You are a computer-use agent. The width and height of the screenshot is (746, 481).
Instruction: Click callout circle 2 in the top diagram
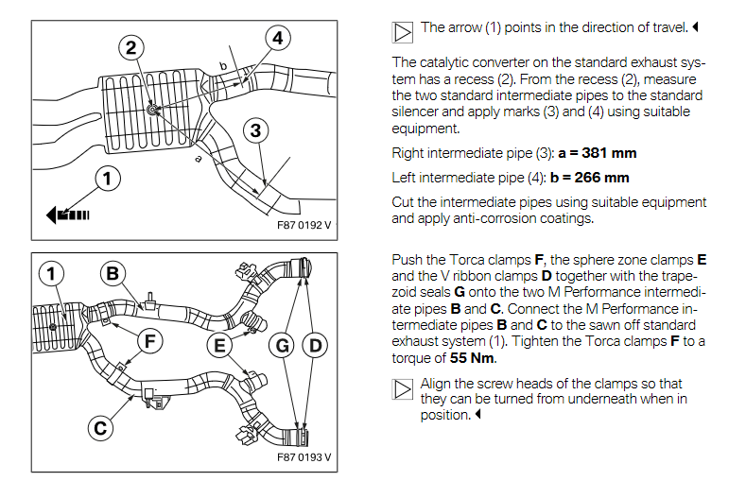coord(132,47)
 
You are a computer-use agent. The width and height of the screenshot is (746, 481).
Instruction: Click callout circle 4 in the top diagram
coord(277,39)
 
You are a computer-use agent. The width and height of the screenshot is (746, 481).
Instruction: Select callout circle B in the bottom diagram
coord(115,274)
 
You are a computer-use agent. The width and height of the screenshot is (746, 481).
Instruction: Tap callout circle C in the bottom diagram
coord(99,427)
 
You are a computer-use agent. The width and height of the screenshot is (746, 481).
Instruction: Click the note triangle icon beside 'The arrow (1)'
coord(403,31)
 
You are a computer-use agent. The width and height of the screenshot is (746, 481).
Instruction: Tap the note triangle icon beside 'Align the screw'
coord(403,387)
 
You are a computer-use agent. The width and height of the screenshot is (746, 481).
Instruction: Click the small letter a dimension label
coord(199,160)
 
